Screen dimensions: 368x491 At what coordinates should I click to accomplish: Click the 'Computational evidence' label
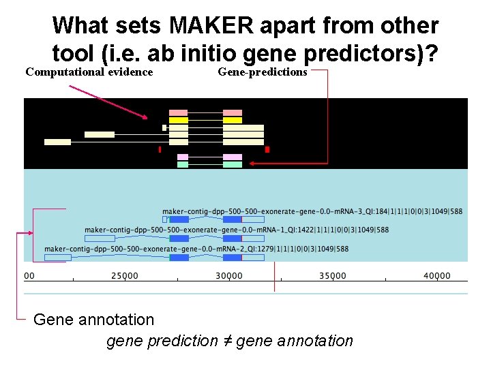click(89, 72)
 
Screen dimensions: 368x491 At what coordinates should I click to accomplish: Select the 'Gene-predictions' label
click(263, 72)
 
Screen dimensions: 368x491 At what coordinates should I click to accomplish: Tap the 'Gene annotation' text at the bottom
click(93, 319)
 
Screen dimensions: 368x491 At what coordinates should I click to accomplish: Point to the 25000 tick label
click(125, 275)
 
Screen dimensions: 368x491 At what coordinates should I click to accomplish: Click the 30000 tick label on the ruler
click(229, 275)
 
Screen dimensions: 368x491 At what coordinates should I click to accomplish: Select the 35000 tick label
click(333, 275)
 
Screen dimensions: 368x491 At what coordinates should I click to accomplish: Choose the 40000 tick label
click(437, 275)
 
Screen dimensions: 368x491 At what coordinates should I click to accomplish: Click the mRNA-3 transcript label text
click(312, 211)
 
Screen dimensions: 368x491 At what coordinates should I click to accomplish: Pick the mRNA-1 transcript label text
click(237, 230)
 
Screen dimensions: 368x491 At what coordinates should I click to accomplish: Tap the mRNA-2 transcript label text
click(196, 249)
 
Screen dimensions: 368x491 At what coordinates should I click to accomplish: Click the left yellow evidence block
click(178, 120)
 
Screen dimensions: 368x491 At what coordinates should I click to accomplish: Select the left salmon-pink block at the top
click(178, 112)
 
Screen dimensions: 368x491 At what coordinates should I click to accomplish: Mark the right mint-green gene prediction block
click(233, 164)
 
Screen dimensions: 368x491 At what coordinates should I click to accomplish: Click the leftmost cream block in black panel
click(57, 142)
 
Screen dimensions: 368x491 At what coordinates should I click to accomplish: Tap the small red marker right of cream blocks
click(267, 149)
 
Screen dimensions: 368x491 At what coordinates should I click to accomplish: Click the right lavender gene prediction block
click(233, 157)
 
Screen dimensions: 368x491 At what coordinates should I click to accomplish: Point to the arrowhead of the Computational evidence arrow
click(145, 118)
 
